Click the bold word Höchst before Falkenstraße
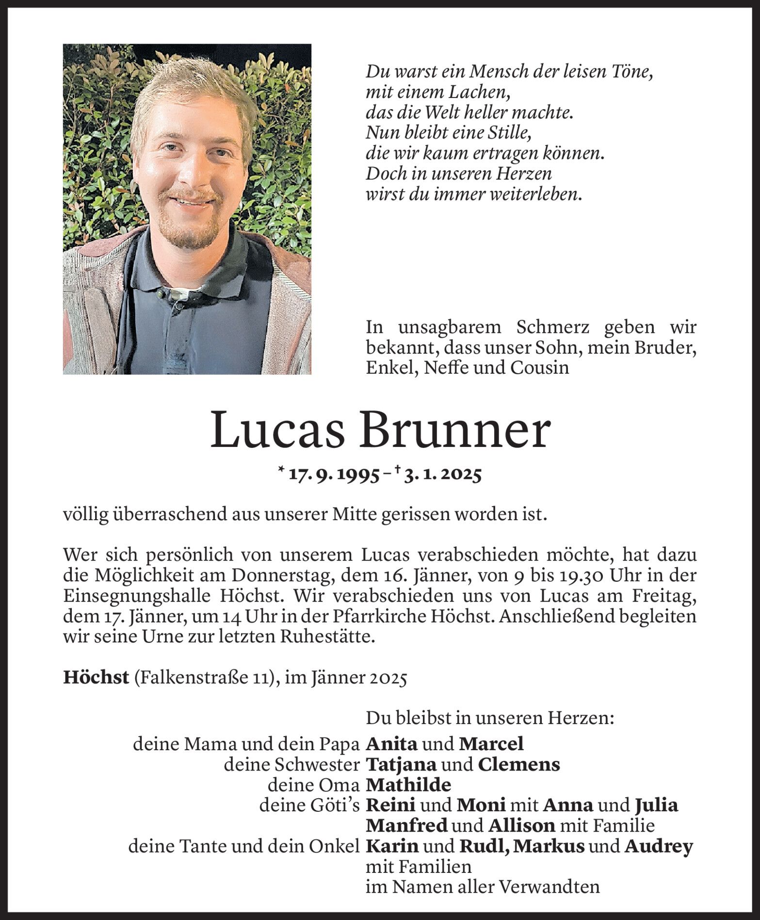tap(96, 678)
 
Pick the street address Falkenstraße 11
tap(196, 678)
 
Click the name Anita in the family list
tap(391, 743)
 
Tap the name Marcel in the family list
tap(491, 743)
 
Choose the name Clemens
tap(518, 764)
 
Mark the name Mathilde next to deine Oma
tap(408, 785)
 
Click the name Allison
tap(521, 826)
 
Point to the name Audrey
tap(659, 847)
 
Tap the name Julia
tap(656, 805)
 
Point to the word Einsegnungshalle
tap(134, 596)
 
